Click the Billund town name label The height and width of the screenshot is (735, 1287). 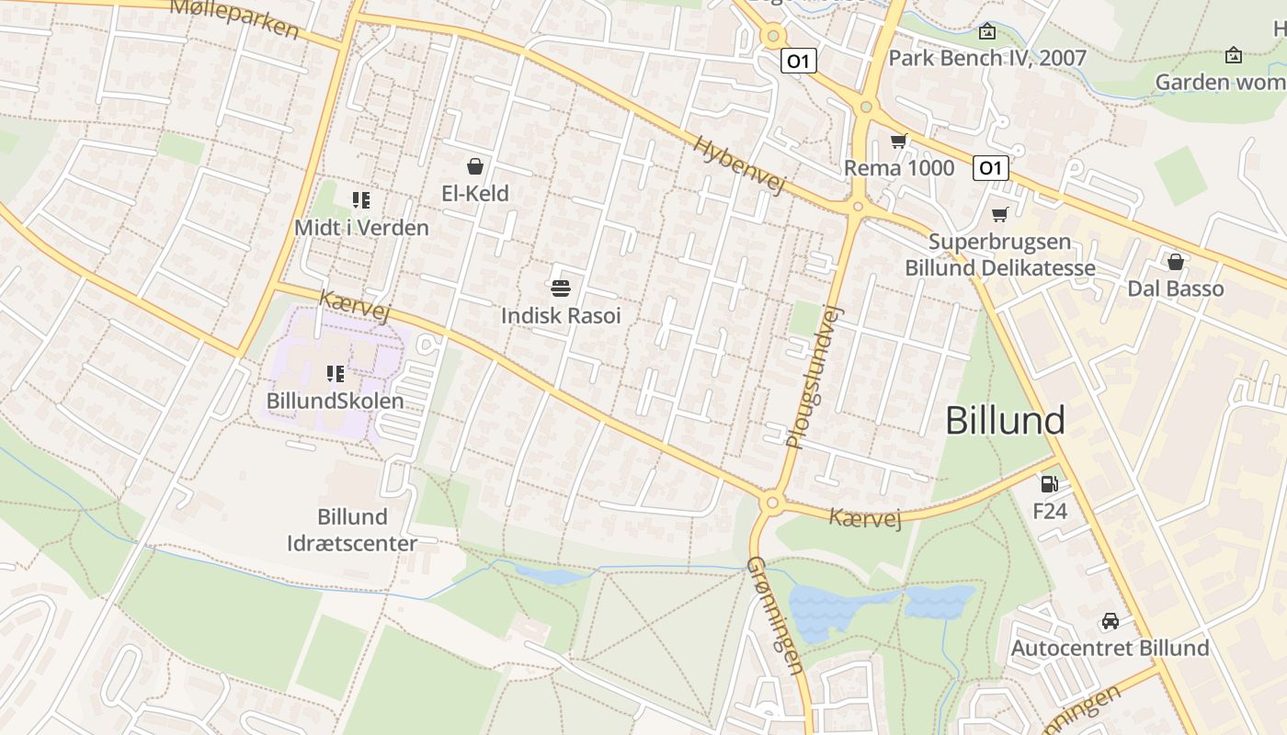[1005, 421]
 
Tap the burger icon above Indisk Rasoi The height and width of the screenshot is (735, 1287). [561, 288]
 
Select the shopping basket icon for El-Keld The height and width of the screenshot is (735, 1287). [475, 166]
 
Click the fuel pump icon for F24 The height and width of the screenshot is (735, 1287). [1049, 483]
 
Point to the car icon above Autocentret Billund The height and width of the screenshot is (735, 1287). [1110, 621]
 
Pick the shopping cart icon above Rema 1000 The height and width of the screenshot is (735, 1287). [898, 141]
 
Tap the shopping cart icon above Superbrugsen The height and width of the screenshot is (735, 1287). [999, 215]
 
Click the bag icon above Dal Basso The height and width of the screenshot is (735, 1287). [1175, 262]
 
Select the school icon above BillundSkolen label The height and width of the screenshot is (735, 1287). [336, 374]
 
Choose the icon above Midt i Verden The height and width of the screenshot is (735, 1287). [360, 199]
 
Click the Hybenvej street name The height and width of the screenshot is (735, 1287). [740, 165]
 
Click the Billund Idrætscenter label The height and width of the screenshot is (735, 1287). [352, 530]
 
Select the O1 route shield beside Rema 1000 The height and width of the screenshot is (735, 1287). [990, 168]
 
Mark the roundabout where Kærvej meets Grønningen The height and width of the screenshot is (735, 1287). [770, 502]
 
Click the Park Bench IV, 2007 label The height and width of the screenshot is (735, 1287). [986, 58]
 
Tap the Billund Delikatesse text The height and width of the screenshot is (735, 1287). [1000, 268]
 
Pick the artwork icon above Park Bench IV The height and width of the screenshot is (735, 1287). [987, 31]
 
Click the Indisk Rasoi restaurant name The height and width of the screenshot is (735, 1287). [561, 316]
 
